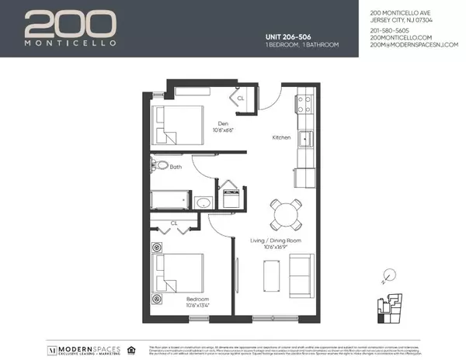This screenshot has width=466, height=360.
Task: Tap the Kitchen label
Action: point(281,137)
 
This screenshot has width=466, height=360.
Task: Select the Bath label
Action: point(176,166)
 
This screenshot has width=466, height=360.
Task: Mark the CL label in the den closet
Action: point(240,99)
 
